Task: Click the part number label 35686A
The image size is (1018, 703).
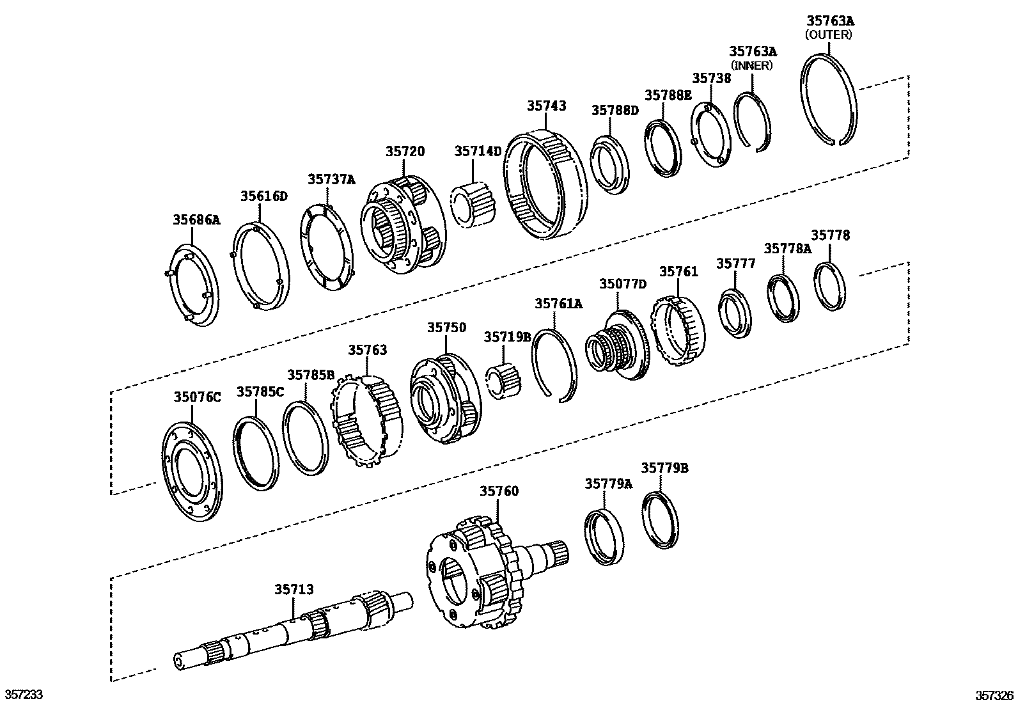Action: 196,220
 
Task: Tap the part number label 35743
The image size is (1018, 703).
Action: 546,106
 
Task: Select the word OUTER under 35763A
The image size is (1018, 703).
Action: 828,35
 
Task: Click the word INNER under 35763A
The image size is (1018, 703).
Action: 752,65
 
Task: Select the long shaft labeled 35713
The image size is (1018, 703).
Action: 294,630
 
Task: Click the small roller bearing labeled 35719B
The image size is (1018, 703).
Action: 504,382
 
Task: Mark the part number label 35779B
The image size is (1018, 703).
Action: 664,468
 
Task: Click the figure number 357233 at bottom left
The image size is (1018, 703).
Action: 24,694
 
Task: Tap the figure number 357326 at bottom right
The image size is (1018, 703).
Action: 994,694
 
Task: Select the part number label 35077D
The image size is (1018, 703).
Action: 623,284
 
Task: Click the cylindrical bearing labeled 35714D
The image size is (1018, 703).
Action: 474,204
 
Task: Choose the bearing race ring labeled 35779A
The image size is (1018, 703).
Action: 604,536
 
